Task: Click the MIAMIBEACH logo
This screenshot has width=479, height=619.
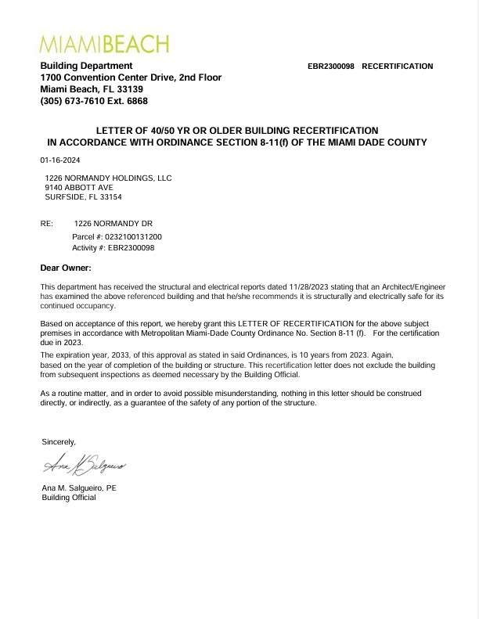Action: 104,43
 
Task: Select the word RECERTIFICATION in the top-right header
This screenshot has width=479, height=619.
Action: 397,67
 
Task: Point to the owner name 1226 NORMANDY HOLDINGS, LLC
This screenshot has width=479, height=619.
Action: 108,178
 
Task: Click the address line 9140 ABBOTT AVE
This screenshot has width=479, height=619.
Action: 79,188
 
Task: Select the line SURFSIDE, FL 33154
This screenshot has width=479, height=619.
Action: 83,197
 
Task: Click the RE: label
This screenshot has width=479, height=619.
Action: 47,224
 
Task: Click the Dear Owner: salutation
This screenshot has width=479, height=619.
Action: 66,268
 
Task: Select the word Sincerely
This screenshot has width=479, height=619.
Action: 59,442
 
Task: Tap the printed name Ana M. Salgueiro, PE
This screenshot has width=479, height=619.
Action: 78,488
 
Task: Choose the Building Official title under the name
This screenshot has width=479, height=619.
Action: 69,498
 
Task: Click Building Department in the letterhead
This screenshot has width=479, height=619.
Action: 86,66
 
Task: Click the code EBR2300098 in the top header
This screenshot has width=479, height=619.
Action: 331,67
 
